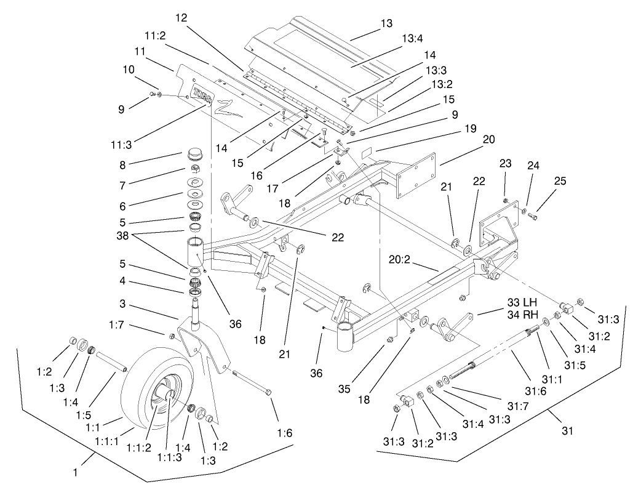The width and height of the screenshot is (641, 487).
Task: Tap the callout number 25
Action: point(560,181)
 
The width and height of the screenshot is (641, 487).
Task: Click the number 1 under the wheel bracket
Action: point(76,473)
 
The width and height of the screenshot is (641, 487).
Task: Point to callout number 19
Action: point(471,129)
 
